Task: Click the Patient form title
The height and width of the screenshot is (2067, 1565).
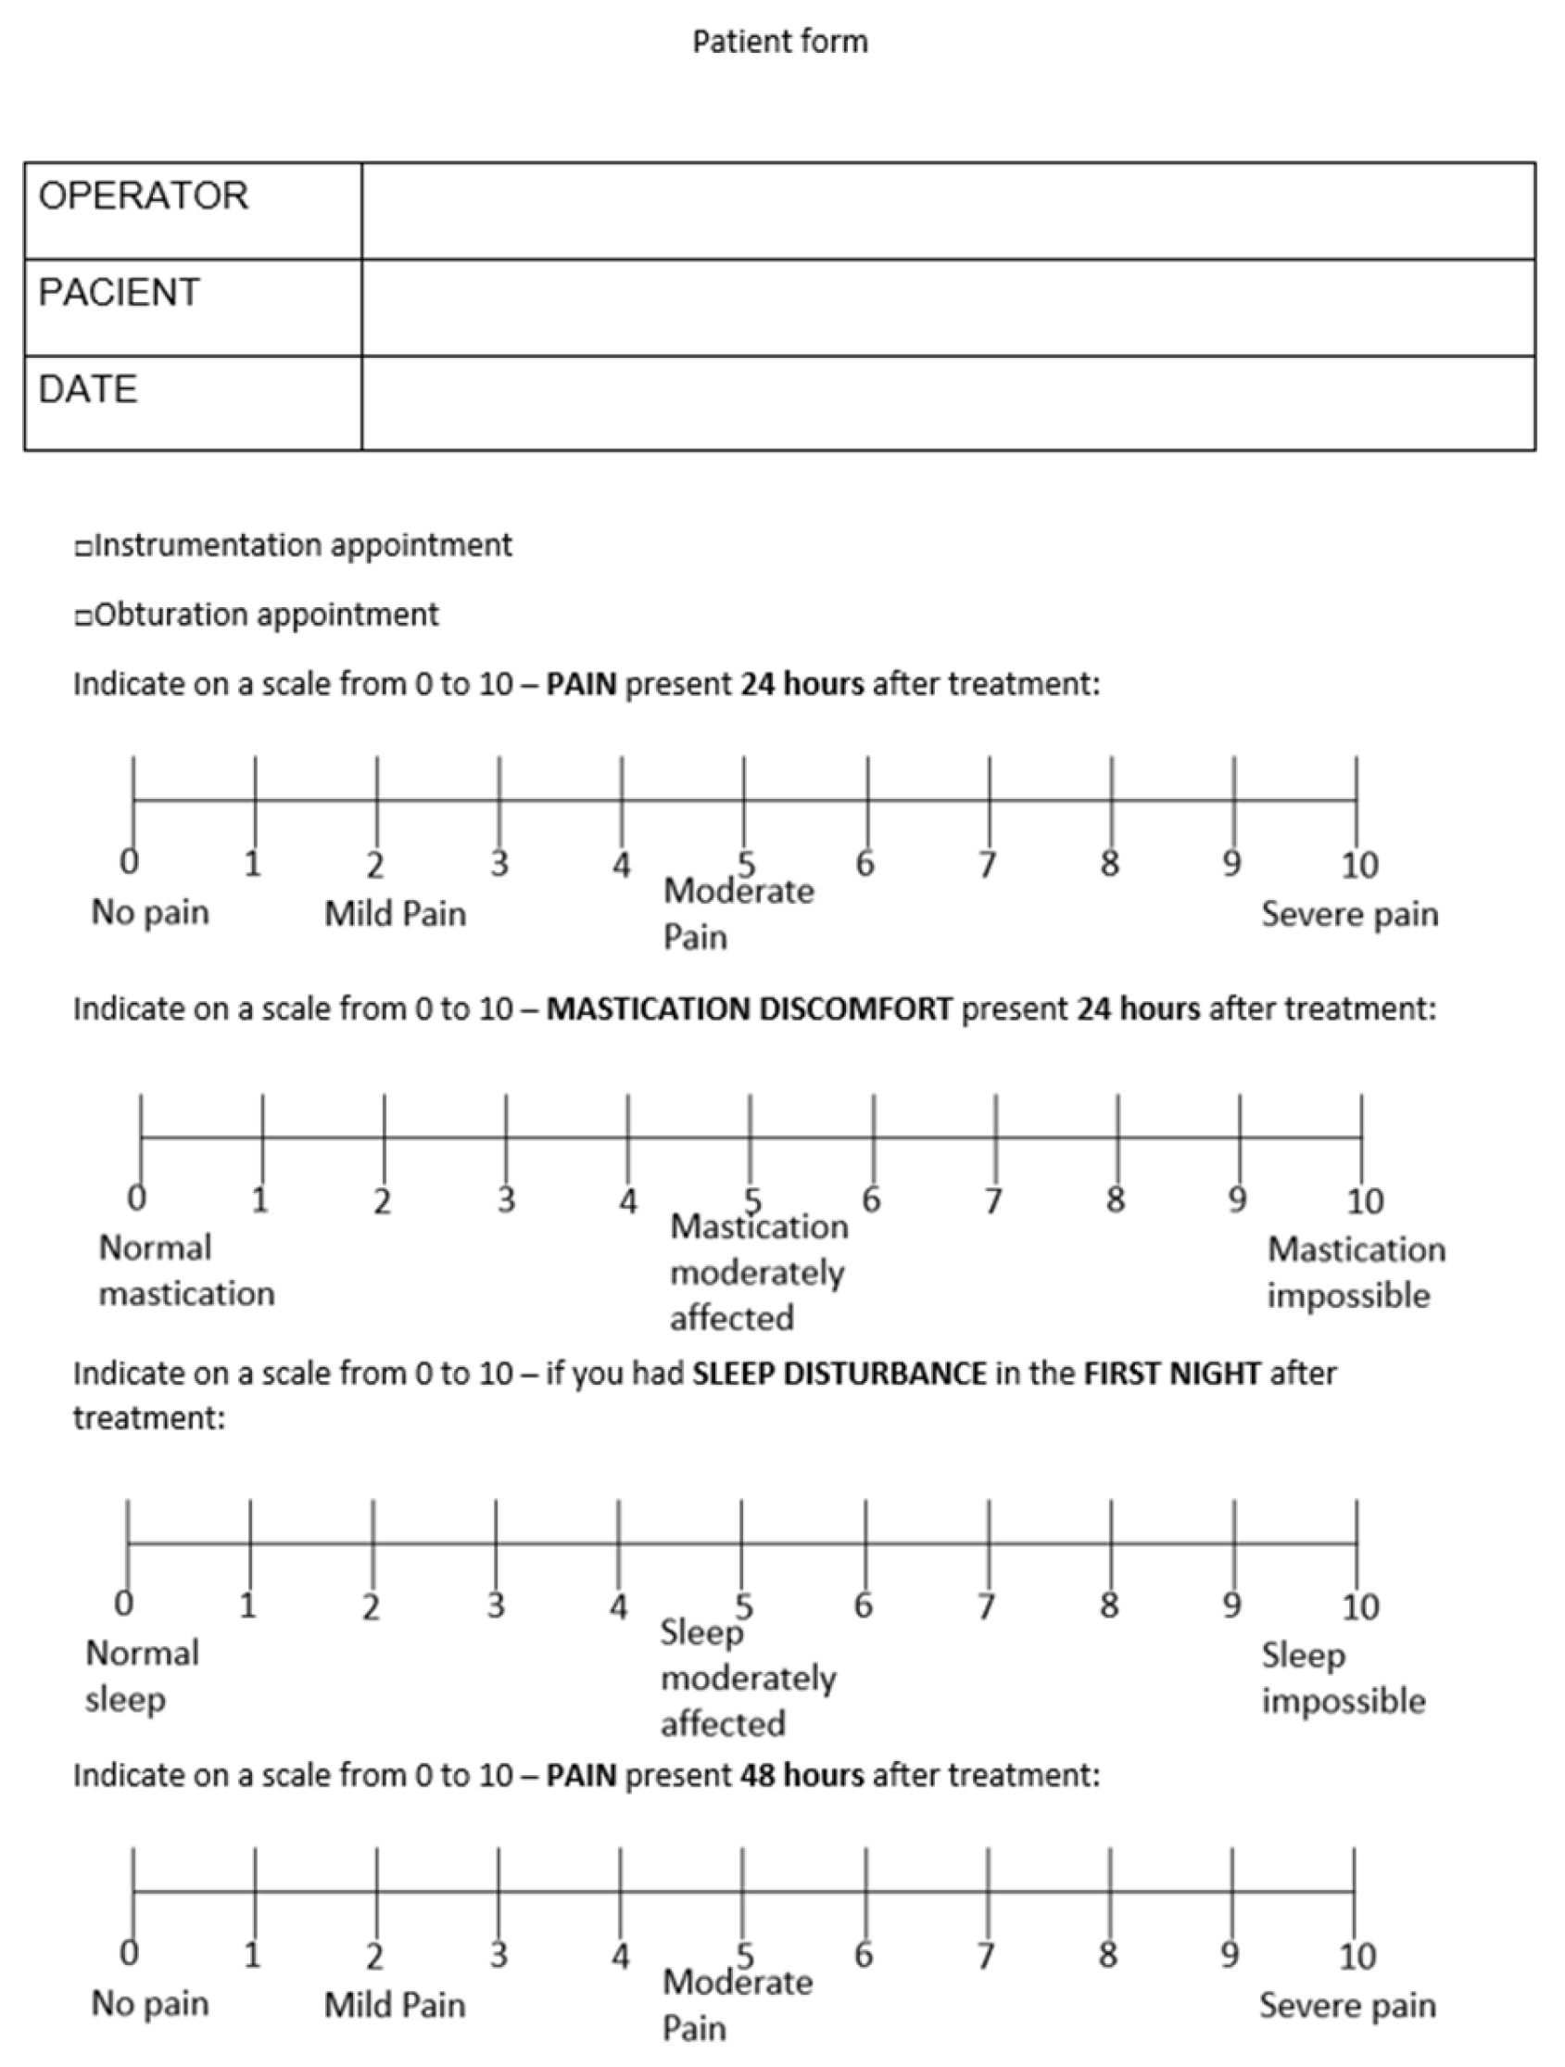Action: click(779, 42)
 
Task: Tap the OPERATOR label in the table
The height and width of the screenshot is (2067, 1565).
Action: click(144, 197)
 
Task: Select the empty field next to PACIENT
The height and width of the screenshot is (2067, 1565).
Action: click(947, 308)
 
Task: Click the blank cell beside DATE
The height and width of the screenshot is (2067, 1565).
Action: click(947, 404)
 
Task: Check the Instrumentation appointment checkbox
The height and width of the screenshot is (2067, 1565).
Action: click(84, 549)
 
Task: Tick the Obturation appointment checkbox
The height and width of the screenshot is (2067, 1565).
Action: click(84, 617)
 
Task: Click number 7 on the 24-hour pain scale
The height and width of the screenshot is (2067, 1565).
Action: click(988, 865)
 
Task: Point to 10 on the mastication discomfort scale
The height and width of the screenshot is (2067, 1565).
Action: click(1364, 1200)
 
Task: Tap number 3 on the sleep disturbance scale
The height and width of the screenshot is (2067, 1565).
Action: click(495, 1605)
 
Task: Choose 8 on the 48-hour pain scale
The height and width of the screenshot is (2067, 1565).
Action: click(1108, 1954)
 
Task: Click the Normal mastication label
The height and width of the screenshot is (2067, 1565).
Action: click(186, 1271)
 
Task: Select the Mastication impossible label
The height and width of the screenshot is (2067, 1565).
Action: click(1355, 1273)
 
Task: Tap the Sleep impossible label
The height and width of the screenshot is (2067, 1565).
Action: click(1343, 1679)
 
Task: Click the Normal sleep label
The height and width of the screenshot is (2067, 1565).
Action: click(142, 1677)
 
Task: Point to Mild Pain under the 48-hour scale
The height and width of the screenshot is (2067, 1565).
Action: click(395, 2005)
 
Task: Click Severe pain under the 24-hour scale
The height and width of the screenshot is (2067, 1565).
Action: click(1349, 914)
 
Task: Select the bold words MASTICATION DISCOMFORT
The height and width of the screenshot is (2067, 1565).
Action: click(750, 1009)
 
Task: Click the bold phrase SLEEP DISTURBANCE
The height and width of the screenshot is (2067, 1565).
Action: click(839, 1374)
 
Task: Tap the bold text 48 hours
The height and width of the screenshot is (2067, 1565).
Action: click(801, 1774)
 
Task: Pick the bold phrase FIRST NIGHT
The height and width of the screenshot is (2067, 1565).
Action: click(1171, 1374)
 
